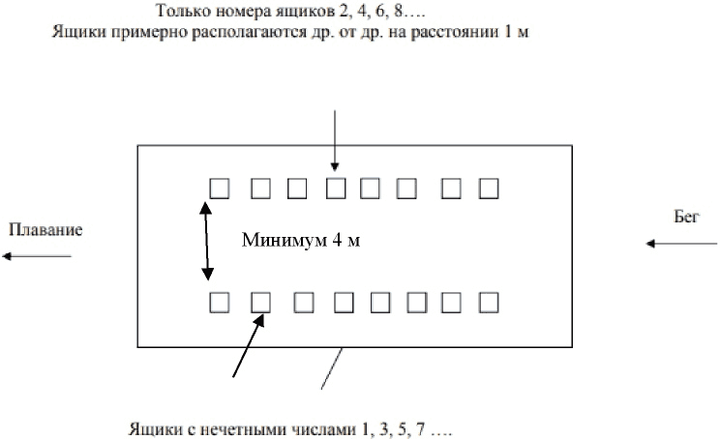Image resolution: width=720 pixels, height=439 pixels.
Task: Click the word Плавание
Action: tap(45, 229)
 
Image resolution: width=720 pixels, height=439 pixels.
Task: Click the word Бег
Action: tap(686, 216)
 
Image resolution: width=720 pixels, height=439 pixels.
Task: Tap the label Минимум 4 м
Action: tap(301, 240)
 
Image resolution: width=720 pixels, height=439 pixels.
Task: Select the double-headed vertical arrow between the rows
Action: tap(206, 241)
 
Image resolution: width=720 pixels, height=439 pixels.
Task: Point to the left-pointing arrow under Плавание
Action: tap(37, 256)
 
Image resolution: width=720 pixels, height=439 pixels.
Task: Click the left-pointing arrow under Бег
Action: tap(681, 244)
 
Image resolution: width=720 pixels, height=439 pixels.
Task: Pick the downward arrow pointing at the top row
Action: tap(335, 140)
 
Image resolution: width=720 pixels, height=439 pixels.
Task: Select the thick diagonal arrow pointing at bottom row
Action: tap(249, 345)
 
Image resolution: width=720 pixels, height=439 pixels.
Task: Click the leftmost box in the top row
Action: tap(220, 189)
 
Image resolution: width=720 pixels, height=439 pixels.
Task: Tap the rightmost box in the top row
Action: tap(489, 189)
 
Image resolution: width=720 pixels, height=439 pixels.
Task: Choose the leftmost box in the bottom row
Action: tap(220, 303)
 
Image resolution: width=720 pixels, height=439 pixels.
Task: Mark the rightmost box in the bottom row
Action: tap(489, 303)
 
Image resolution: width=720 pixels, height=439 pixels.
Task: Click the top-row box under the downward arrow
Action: tap(336, 189)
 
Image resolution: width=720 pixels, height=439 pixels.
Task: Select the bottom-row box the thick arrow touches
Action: tap(261, 303)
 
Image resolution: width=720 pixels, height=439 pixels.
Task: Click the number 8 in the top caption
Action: tap(398, 11)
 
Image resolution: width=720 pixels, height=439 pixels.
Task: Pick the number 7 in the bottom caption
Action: tap(421, 430)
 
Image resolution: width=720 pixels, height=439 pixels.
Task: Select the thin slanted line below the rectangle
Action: tap(332, 368)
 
